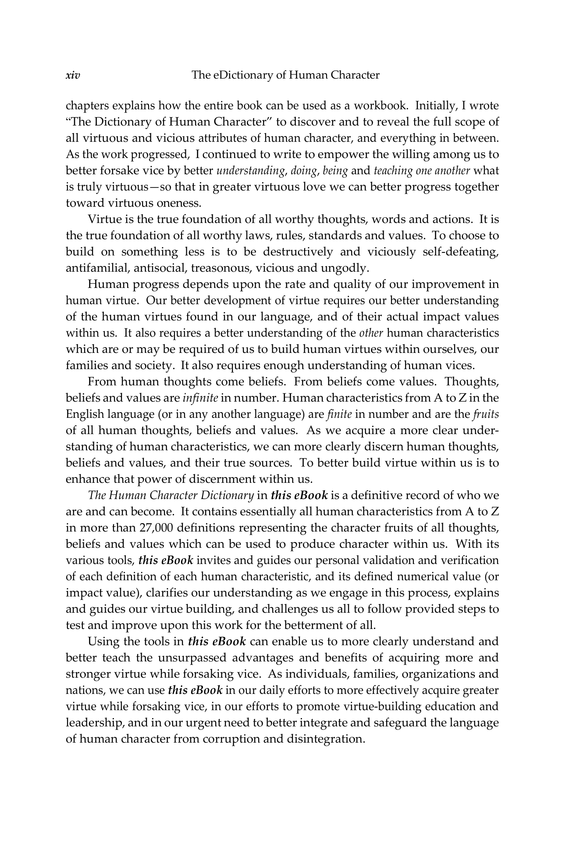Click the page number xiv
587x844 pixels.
pyautogui.click(x=73, y=75)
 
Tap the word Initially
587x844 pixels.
pyautogui.click(x=437, y=106)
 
